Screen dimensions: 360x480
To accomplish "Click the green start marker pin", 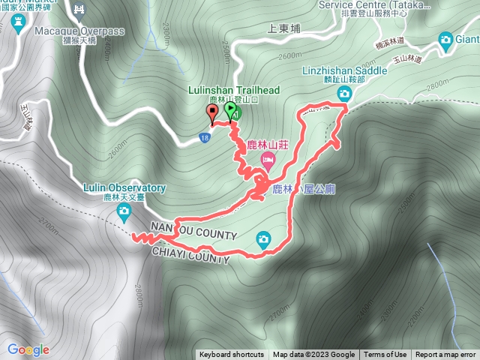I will click(x=229, y=111).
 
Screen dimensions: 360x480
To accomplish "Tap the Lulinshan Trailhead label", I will click(x=233, y=91).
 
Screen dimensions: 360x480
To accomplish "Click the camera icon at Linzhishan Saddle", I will click(x=344, y=93).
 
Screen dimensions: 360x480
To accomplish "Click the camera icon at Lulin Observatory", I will click(x=123, y=214).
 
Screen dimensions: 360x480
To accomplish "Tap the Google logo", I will click(x=28, y=349).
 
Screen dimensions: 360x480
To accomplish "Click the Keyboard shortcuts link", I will click(x=232, y=355).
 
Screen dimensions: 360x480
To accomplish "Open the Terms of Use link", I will click(x=385, y=355).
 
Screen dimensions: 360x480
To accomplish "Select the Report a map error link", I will click(x=445, y=355).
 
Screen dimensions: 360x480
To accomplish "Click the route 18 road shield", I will click(x=205, y=138).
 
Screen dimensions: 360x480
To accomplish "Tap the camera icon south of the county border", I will click(x=262, y=239).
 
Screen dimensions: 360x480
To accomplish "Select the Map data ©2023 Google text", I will click(x=313, y=355).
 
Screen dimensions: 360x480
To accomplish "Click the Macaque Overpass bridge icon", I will click(x=79, y=10).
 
